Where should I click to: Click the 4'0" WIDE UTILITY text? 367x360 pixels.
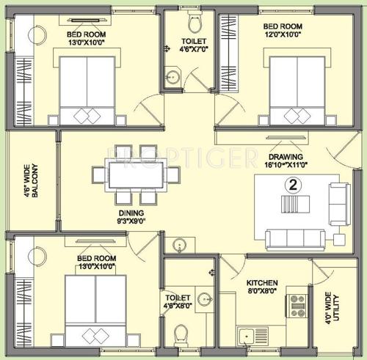click(x=335, y=306)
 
